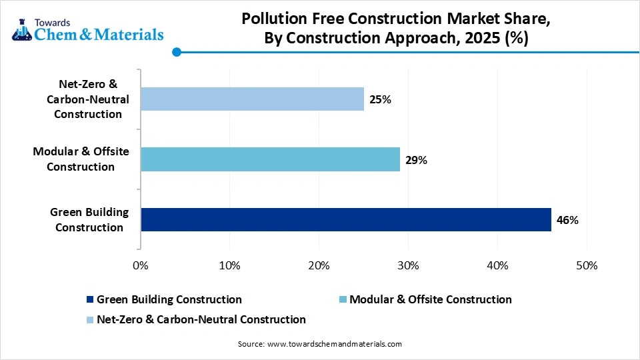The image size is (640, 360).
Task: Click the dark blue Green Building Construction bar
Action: click(x=345, y=219)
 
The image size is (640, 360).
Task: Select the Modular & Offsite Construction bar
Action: click(x=270, y=159)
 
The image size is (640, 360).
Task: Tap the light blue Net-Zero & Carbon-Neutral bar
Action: click(x=252, y=99)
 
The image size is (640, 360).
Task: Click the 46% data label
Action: click(x=567, y=220)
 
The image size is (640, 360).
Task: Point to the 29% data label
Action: click(x=416, y=160)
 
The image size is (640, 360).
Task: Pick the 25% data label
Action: click(x=380, y=100)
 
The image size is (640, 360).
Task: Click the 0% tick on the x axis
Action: click(x=141, y=265)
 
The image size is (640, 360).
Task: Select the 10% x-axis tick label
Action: click(x=229, y=265)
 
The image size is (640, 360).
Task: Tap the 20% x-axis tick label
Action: click(x=319, y=265)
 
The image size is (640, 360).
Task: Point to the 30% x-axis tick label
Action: click(x=408, y=265)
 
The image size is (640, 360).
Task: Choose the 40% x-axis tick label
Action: click(x=497, y=265)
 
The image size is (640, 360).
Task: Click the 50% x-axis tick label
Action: click(x=587, y=265)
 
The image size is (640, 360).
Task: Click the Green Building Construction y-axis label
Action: click(x=89, y=220)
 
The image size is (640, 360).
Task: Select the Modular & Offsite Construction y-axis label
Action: click(x=81, y=159)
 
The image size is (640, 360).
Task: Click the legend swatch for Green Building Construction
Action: click(x=90, y=300)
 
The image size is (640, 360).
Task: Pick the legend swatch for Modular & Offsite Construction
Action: click(x=343, y=300)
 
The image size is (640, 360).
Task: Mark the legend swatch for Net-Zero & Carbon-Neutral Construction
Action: click(x=90, y=320)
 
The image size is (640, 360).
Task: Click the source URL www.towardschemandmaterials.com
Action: click(x=334, y=344)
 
